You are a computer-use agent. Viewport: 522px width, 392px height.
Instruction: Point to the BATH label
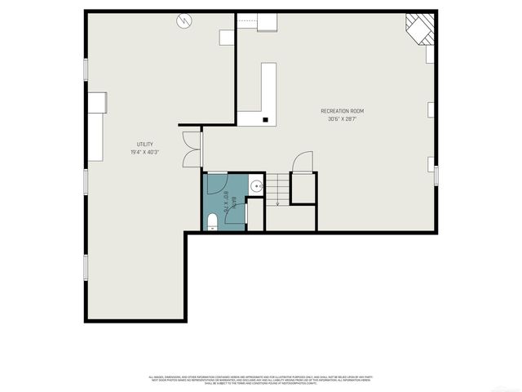coord(234,201)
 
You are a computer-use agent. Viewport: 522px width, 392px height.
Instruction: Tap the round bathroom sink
coord(256,187)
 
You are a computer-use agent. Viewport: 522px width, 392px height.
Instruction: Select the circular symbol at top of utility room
coord(184,20)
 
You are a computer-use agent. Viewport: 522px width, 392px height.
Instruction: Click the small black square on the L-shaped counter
coord(265,119)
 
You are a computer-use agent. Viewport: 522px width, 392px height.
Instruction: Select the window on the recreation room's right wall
coord(436,176)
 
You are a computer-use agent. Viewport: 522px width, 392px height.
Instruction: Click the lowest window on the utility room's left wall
coord(85,268)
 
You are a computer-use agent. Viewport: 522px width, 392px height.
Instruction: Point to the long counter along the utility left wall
coord(96,137)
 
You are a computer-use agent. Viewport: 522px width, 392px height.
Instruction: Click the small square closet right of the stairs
coord(303,188)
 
